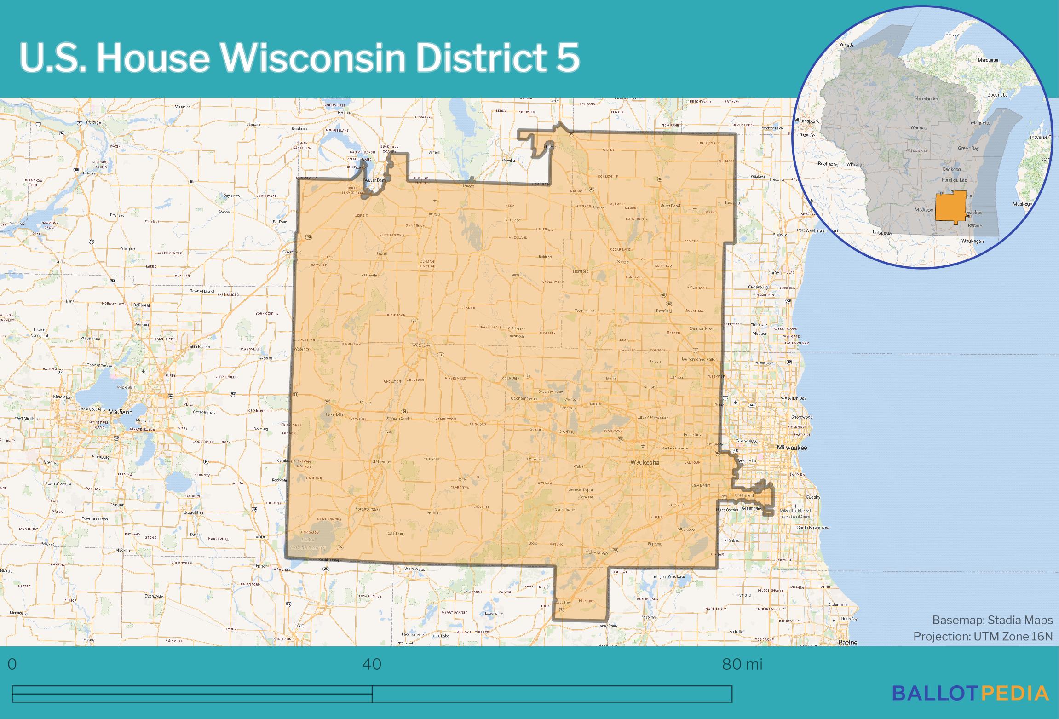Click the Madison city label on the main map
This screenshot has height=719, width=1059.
pyautogui.click(x=121, y=412)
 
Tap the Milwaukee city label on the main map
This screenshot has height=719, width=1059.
pyautogui.click(x=792, y=448)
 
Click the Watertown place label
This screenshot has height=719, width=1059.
pyautogui.click(x=422, y=345)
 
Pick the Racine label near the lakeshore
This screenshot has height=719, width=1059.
pyautogui.click(x=847, y=642)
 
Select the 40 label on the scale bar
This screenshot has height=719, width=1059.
pyautogui.click(x=372, y=665)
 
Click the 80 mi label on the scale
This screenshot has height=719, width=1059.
pyautogui.click(x=742, y=665)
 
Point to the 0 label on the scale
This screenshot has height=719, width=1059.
pyautogui.click(x=12, y=665)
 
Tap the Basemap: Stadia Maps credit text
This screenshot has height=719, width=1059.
pyautogui.click(x=992, y=620)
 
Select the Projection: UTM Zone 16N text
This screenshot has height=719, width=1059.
pyautogui.click(x=983, y=636)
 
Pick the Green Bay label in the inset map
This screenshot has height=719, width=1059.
pyautogui.click(x=968, y=149)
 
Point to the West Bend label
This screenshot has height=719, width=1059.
pyautogui.click(x=670, y=206)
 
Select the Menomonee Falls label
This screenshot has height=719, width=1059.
pyautogui.click(x=698, y=359)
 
